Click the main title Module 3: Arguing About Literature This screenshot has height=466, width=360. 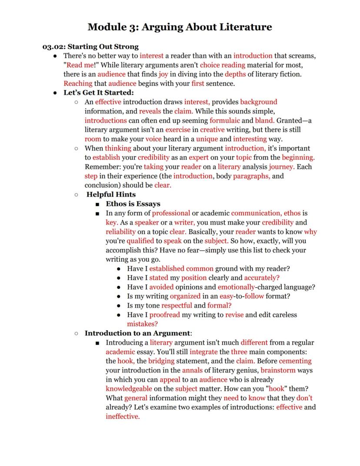[x=180, y=27]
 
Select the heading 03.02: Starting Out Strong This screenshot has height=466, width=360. [x=90, y=47]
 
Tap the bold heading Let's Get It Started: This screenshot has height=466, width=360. [x=99, y=93]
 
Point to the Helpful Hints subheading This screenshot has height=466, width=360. [x=111, y=194]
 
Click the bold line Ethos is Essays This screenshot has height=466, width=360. [x=133, y=204]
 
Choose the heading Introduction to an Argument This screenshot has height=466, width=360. [x=137, y=333]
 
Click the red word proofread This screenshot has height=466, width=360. [x=165, y=315]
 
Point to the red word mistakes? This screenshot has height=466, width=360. [x=142, y=324]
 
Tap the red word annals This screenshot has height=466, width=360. [x=192, y=370]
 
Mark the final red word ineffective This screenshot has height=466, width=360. [x=123, y=416]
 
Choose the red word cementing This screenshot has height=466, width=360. [x=295, y=361]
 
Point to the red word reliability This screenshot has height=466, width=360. [x=120, y=231]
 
